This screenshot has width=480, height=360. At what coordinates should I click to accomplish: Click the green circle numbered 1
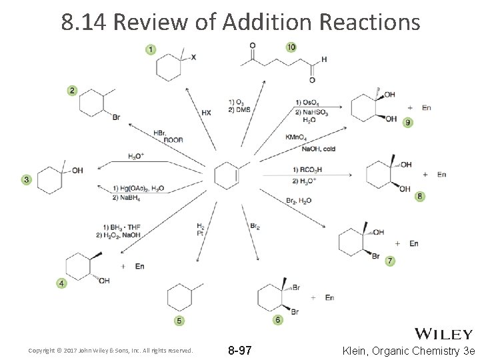(x=151, y=49)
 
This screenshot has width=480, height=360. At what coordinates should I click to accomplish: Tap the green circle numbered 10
(x=291, y=47)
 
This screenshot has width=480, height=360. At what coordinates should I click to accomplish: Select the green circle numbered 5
(x=179, y=321)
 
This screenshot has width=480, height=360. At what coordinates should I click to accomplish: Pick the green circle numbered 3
(x=27, y=179)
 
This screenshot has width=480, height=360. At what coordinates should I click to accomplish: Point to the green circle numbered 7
(x=390, y=261)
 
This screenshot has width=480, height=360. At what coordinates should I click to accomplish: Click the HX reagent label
(x=206, y=113)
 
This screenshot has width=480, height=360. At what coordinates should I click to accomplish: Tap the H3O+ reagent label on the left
(x=136, y=156)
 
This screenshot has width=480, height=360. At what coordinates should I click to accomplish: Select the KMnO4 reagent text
(x=297, y=137)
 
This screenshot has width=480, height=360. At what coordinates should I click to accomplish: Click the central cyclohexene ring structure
(x=226, y=175)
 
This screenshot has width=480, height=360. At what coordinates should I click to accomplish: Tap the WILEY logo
(x=443, y=334)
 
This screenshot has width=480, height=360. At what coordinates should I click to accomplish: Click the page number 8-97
(x=240, y=350)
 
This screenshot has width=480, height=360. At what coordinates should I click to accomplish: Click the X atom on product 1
(x=193, y=57)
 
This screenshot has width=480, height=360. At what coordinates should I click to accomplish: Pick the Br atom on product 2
(x=116, y=117)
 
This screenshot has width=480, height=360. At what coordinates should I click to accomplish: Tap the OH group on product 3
(x=77, y=171)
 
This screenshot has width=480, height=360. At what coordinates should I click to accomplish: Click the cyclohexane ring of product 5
(x=179, y=296)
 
